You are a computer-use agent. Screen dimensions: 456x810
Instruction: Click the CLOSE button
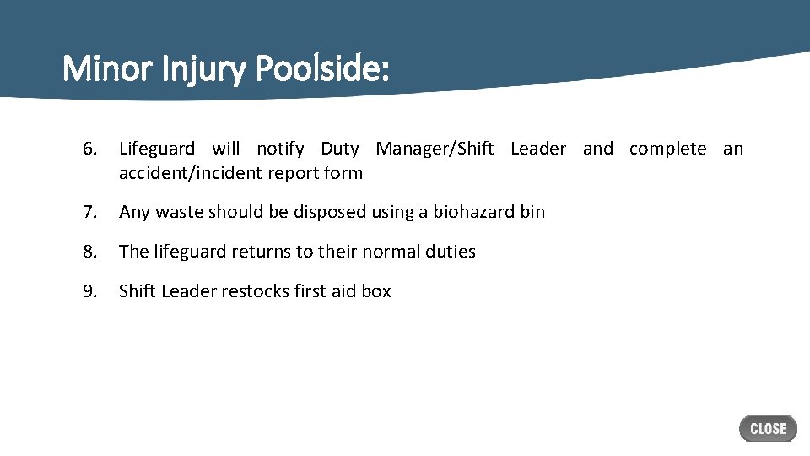click(x=768, y=429)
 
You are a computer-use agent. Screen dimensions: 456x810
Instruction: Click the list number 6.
click(x=90, y=149)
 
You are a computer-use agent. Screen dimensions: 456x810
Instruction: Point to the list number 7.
click(x=90, y=212)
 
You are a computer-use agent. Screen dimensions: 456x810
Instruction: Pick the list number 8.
click(x=90, y=252)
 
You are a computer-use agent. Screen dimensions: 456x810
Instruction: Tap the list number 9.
click(x=90, y=291)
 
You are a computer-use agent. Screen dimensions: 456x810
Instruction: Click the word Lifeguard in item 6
click(x=157, y=149)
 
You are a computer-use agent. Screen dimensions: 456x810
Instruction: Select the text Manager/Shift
click(x=435, y=149)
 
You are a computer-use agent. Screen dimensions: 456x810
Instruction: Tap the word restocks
click(x=256, y=291)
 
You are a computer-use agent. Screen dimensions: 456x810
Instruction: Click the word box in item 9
click(x=376, y=291)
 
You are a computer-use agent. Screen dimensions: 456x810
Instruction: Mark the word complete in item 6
click(x=667, y=149)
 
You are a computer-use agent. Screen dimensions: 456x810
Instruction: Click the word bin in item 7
click(x=532, y=212)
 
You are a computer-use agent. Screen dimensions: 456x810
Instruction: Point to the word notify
click(x=280, y=149)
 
